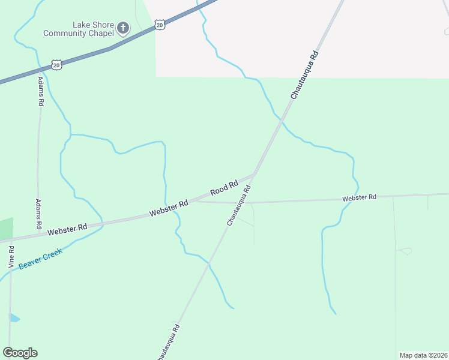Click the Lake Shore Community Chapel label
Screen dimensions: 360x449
coord(78,29)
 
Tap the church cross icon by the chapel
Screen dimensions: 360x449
coord(123,28)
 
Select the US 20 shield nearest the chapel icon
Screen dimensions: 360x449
coord(159,24)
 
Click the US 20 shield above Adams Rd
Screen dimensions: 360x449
coord(56,64)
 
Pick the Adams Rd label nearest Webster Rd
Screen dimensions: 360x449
coord(38,214)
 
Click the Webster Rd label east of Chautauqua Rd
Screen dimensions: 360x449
coord(359,197)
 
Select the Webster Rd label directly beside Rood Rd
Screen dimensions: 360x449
coord(169,208)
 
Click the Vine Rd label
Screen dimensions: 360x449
coord(11,256)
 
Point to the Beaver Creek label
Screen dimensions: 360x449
coord(40,259)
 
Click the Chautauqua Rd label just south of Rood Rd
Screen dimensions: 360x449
coord(238,205)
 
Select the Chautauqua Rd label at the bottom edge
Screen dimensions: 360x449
coord(168,343)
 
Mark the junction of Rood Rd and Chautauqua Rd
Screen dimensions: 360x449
coord(255,174)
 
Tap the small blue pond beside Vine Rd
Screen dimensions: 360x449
coord(14,317)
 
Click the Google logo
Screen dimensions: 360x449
coord(20,352)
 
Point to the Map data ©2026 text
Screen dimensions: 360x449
coord(423,355)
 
